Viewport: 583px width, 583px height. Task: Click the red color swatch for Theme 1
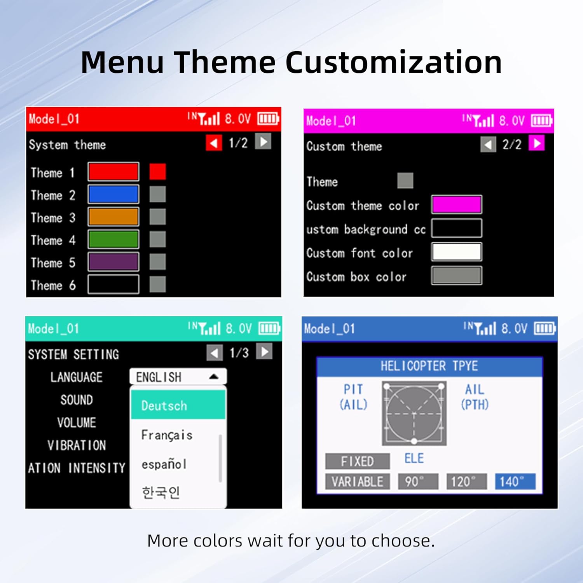pyautogui.click(x=113, y=172)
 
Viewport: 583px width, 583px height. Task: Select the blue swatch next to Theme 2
pyautogui.click(x=113, y=194)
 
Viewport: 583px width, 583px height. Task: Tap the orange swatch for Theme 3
pyautogui.click(x=113, y=217)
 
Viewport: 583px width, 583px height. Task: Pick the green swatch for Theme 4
pyautogui.click(x=113, y=239)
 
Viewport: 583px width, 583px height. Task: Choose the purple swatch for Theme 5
pyautogui.click(x=113, y=262)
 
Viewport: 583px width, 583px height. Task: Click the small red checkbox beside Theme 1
pyautogui.click(x=158, y=172)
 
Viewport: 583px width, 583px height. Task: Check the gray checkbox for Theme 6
pyautogui.click(x=158, y=285)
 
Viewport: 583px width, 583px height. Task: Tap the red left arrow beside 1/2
pyautogui.click(x=214, y=143)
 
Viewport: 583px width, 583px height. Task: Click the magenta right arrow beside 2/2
pyautogui.click(x=537, y=143)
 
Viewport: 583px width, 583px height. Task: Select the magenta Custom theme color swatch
pyautogui.click(x=457, y=204)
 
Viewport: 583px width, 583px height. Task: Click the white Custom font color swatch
pyautogui.click(x=457, y=252)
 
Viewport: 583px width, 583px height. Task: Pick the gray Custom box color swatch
pyautogui.click(x=457, y=276)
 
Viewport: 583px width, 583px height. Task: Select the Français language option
pyautogui.click(x=167, y=435)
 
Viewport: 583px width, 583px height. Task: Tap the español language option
pyautogui.click(x=164, y=464)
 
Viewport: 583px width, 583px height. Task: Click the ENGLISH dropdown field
pyautogui.click(x=178, y=377)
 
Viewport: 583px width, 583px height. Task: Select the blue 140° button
pyautogui.click(x=515, y=482)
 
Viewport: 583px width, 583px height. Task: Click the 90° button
pyautogui.click(x=418, y=482)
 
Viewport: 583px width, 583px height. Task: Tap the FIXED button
pyautogui.click(x=358, y=461)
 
